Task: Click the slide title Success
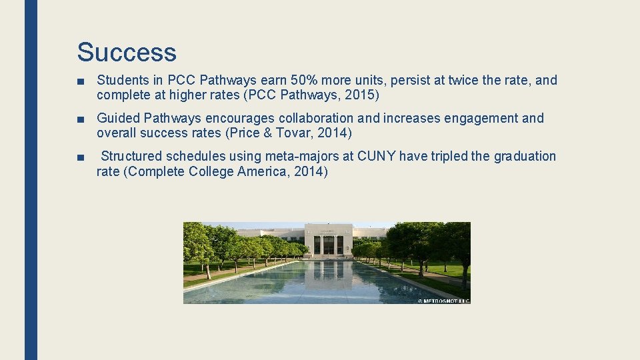[x=127, y=52]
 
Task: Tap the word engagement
[x=475, y=119]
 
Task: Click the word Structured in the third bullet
[x=131, y=157]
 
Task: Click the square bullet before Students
[x=80, y=81]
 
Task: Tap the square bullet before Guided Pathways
[x=80, y=119]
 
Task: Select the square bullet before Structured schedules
[x=80, y=157]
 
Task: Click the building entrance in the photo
[x=329, y=244]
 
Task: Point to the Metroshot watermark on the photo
[x=443, y=301]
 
